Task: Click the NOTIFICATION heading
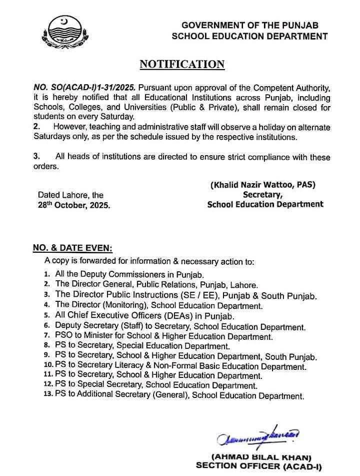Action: click(x=181, y=65)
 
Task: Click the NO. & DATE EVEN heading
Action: click(x=72, y=248)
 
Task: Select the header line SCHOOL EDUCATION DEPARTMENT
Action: click(x=249, y=36)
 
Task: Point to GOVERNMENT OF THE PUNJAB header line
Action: click(x=249, y=25)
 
